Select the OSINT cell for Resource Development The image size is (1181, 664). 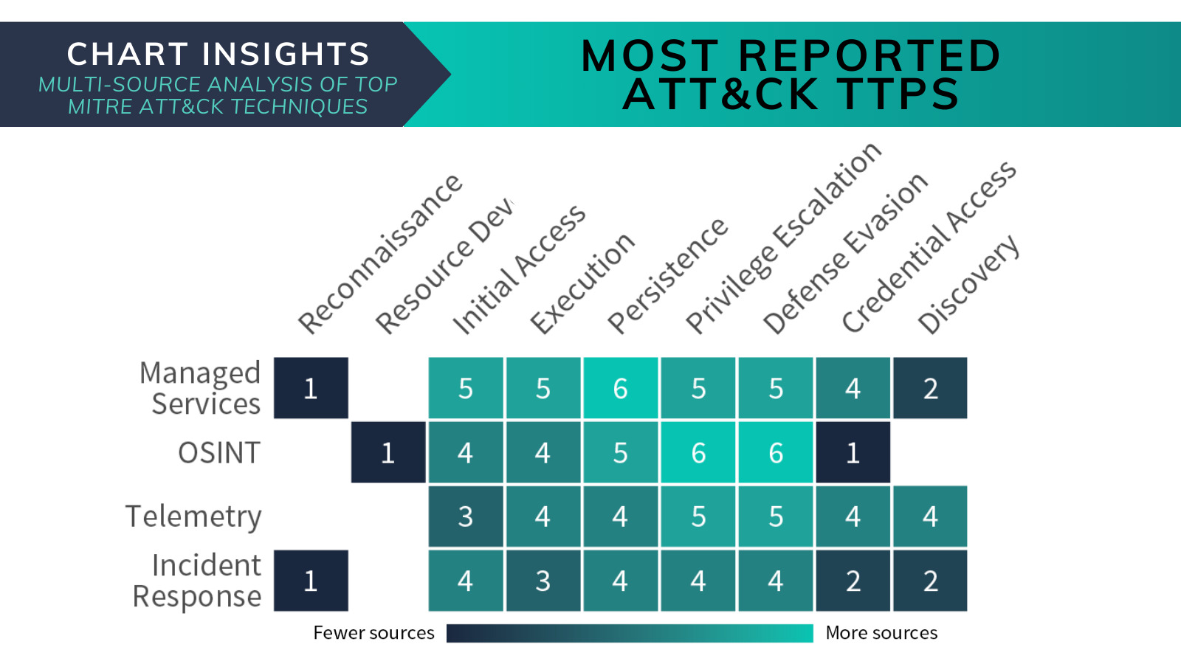(388, 452)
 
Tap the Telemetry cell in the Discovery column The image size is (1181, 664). (931, 516)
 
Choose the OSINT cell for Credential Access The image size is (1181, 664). (853, 452)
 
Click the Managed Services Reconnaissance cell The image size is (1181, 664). (311, 388)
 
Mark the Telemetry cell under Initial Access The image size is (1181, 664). (466, 516)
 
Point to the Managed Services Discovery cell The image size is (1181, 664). (931, 388)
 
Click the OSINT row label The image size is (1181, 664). (219, 453)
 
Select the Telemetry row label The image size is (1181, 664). (193, 516)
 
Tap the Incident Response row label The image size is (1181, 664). (197, 581)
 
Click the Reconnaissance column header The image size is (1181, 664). (379, 254)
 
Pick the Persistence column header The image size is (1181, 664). (667, 276)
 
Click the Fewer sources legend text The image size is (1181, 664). (373, 632)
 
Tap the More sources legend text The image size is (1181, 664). (881, 632)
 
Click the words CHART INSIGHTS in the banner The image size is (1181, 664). (218, 55)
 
